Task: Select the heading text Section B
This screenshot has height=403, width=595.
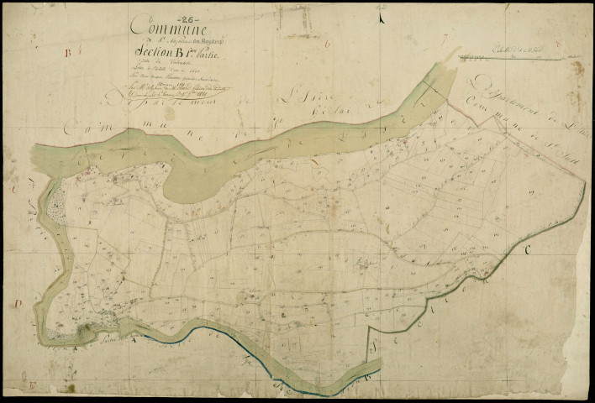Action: (x=159, y=56)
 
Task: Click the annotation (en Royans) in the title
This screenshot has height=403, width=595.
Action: (x=210, y=38)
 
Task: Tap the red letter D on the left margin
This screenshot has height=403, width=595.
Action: (x=17, y=303)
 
